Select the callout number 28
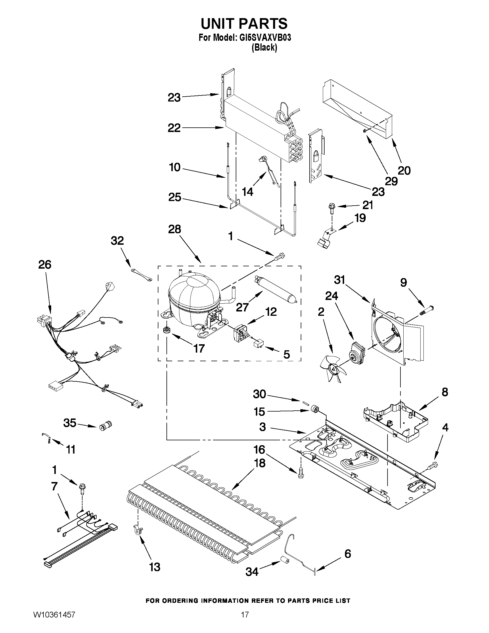[174, 229]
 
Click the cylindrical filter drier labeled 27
[275, 290]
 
